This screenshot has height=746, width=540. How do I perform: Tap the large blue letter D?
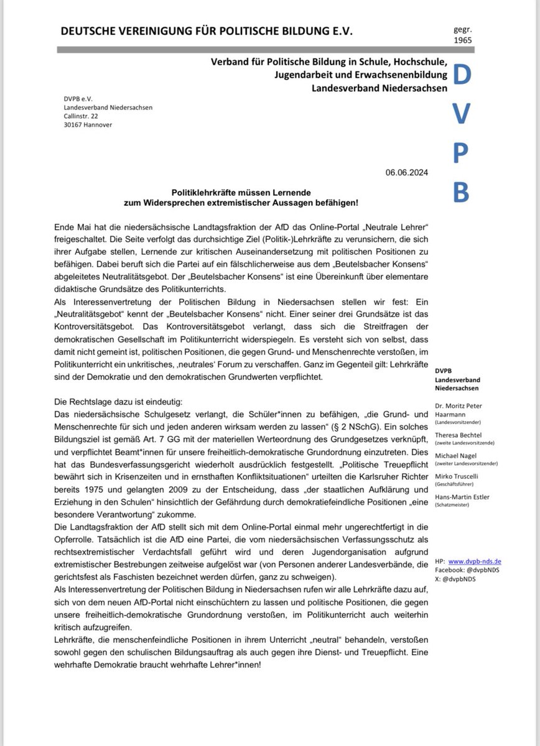(462, 76)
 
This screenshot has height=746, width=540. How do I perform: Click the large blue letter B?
(462, 192)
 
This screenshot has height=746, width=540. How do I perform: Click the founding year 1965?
(463, 40)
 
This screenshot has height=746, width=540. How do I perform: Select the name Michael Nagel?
(455, 456)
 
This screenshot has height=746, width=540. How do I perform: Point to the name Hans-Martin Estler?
(462, 496)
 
